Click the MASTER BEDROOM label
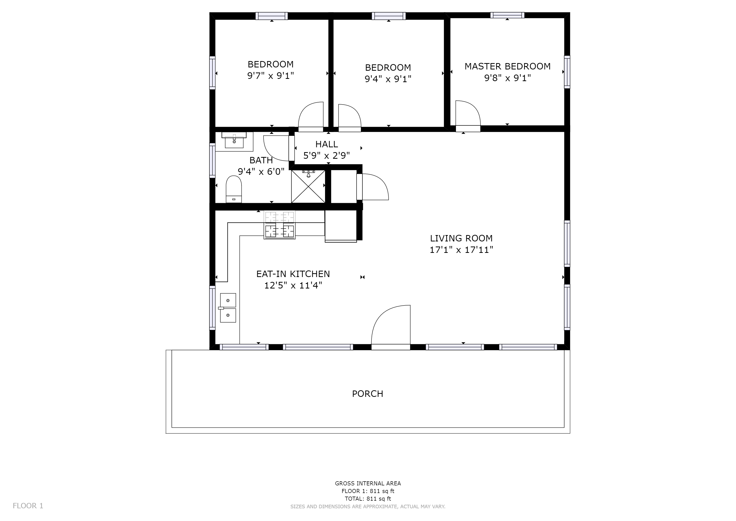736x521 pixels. coord(508,66)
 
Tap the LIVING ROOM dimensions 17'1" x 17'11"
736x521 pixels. coord(461,250)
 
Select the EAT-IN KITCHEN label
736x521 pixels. coord(293,274)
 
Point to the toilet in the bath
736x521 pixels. coord(234,189)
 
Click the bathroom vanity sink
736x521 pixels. coord(234,140)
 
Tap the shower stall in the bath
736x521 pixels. coord(308,186)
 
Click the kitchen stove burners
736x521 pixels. coord(280,225)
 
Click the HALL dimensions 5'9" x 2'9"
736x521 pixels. coord(327,156)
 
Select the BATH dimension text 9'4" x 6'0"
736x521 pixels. coord(261,172)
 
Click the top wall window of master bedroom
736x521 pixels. coord(508,15)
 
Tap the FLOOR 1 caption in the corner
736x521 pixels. coord(28,506)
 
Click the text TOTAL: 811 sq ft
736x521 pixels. coord(368,499)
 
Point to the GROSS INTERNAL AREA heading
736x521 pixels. coord(368,483)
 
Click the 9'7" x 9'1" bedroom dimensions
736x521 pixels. coord(271,76)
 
